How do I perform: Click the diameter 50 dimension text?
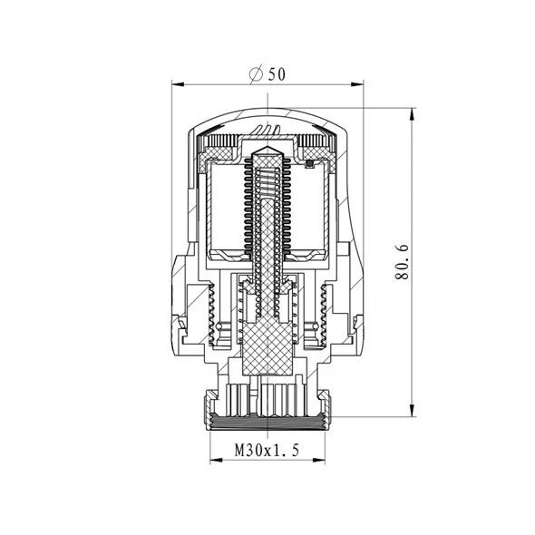[267, 74]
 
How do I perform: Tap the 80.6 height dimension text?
[402, 262]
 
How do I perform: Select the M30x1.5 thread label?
[267, 450]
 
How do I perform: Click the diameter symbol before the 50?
[256, 74]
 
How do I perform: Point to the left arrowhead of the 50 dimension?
[178, 84]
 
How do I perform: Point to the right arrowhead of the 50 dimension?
[357, 84]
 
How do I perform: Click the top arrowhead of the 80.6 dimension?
[413, 114]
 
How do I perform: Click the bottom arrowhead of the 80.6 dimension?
[413, 410]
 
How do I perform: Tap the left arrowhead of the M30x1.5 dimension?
[216, 460]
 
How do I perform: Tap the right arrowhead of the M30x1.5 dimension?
[318, 460]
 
